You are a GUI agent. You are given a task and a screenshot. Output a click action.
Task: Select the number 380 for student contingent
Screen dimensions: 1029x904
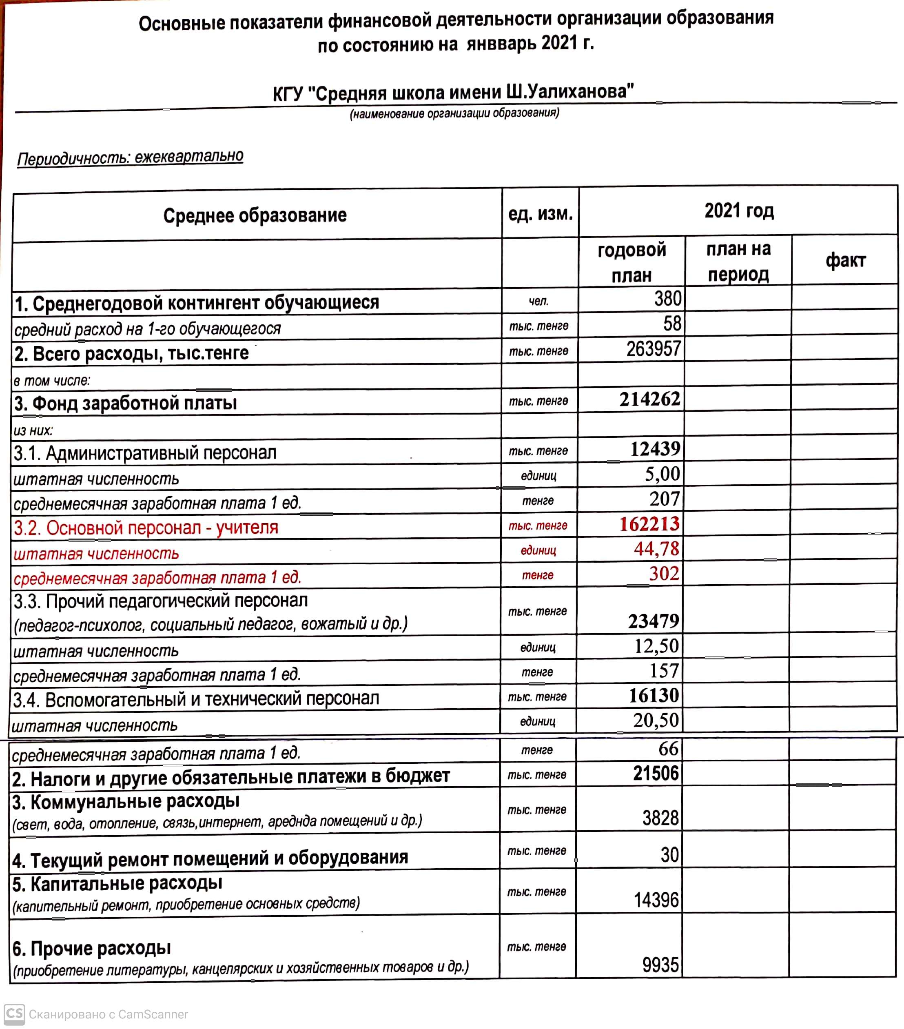(x=667, y=299)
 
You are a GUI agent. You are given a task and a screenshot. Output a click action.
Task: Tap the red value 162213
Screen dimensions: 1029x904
(x=649, y=524)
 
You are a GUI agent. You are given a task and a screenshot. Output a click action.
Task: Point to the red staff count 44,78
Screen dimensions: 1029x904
(x=656, y=549)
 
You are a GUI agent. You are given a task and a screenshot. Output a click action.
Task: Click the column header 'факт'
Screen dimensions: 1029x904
(x=845, y=261)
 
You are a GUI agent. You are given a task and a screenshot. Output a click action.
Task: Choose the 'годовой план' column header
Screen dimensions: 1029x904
(x=631, y=262)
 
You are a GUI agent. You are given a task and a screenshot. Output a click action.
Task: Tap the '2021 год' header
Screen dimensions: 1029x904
(x=738, y=211)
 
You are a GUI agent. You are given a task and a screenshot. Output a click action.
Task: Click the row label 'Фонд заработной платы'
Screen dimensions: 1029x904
(x=126, y=403)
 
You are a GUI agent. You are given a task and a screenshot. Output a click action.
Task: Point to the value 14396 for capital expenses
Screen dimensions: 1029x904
(x=656, y=900)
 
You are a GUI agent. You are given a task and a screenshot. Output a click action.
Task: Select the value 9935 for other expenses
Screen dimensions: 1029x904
(x=660, y=965)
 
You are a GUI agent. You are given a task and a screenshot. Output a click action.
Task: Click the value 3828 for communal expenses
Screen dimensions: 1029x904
(x=660, y=818)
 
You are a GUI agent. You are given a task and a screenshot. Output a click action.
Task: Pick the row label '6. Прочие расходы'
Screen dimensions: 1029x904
(x=92, y=949)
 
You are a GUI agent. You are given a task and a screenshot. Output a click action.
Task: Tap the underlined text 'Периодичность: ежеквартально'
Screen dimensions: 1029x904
(x=131, y=157)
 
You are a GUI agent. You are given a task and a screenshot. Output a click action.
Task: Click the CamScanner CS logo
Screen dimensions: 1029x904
(x=14, y=1013)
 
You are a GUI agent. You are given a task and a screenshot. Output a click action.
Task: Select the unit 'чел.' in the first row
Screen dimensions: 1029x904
(x=538, y=302)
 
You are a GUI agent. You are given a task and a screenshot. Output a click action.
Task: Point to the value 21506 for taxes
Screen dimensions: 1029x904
(x=655, y=773)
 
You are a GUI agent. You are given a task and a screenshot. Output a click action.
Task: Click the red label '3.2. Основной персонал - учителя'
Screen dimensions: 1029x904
(x=146, y=528)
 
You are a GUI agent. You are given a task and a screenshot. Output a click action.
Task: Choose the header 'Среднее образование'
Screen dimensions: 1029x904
(x=255, y=215)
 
